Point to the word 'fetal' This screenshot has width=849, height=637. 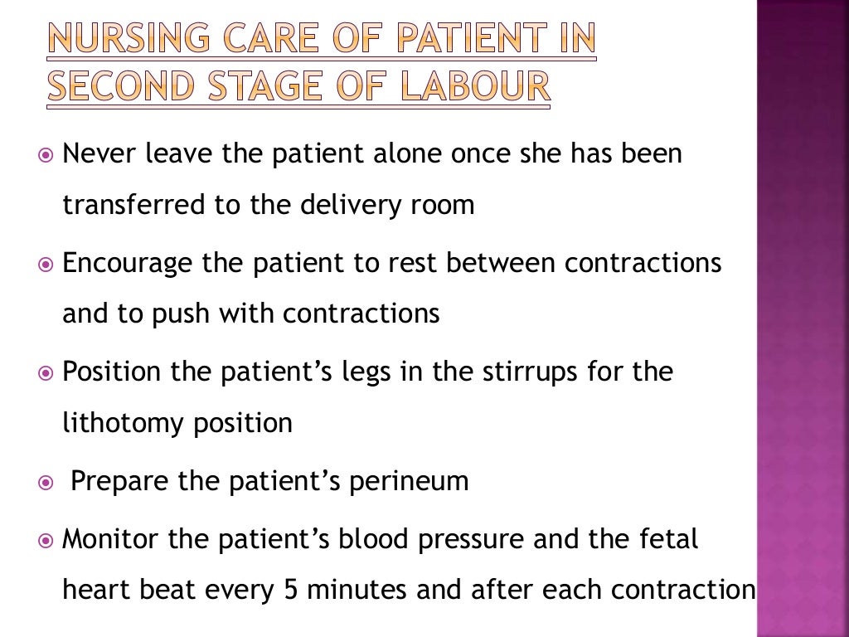pyautogui.click(x=667, y=540)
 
